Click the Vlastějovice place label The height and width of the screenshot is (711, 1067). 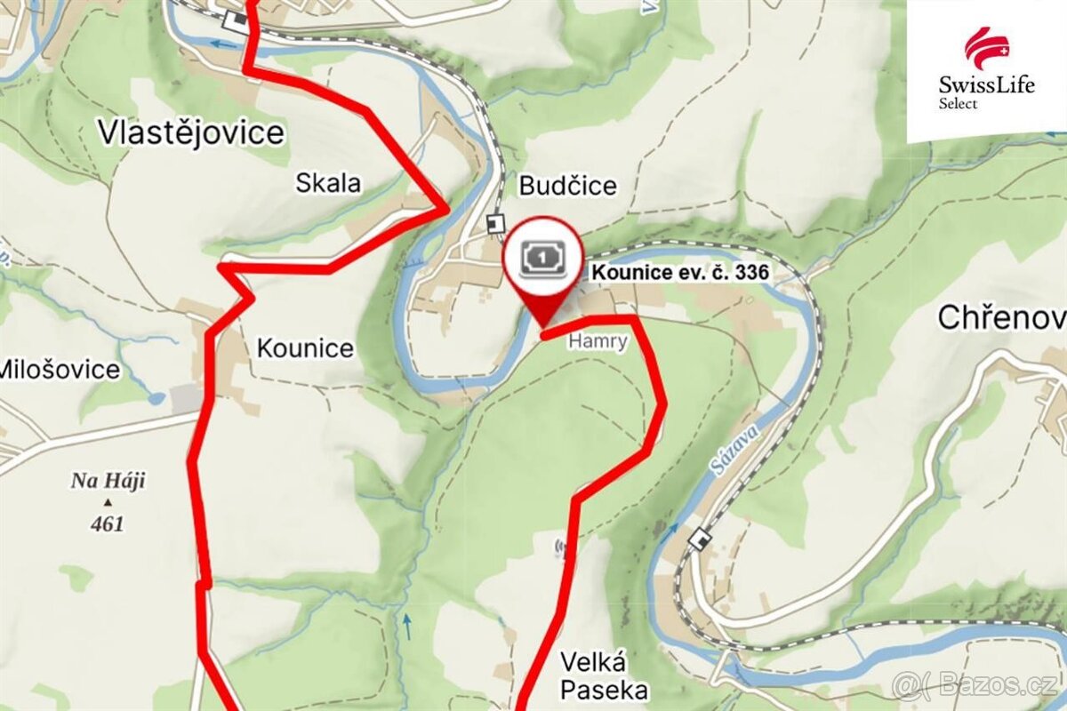point(191,132)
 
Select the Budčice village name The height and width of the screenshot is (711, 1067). point(567,186)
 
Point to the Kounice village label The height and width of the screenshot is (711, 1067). point(305,348)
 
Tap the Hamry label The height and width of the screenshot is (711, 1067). point(598,341)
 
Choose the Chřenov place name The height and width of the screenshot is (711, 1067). point(1001,317)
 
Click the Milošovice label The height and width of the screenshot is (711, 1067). point(60,369)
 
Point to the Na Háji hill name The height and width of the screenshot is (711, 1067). point(108,482)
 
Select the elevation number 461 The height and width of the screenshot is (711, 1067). point(108,523)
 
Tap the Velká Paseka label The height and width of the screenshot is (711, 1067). point(594,675)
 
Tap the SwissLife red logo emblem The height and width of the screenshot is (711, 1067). point(986,47)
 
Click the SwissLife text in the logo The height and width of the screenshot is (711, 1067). point(986,85)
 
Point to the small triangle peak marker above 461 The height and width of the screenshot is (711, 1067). point(108,502)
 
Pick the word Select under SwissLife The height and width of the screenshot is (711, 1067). point(959,104)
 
